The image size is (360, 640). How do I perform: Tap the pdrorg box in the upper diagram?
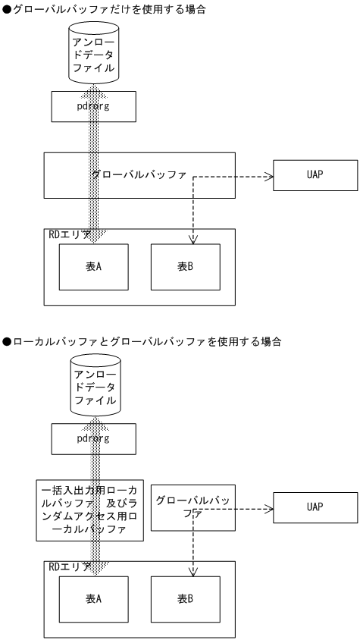[x=93, y=106]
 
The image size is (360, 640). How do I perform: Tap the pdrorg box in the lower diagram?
[x=93, y=439]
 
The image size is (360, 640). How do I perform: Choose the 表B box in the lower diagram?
[x=186, y=598]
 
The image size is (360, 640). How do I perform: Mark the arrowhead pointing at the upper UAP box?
[x=268, y=177]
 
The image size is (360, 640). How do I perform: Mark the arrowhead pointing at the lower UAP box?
[x=268, y=510]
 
